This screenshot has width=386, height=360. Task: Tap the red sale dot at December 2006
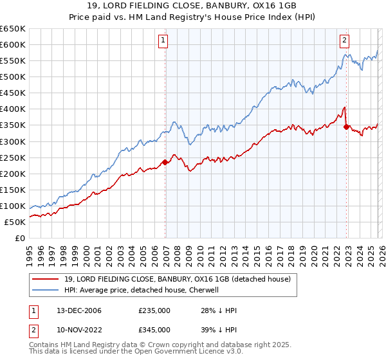165,162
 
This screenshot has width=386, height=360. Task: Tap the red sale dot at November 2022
347,127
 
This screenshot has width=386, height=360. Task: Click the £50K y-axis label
15,222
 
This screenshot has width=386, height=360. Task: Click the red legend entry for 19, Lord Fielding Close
177,279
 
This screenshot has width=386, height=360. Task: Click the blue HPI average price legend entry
141,290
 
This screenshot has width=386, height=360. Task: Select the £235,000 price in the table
154,310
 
